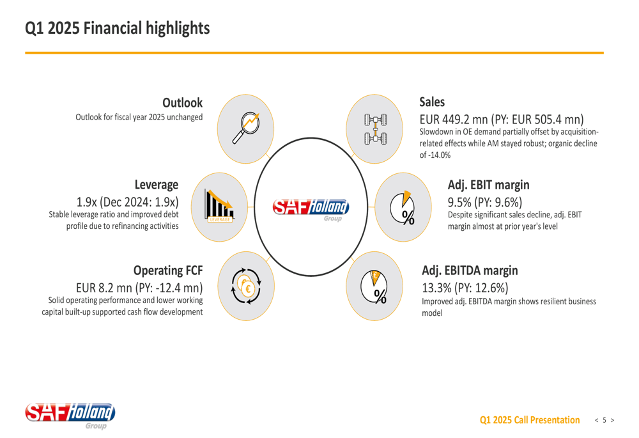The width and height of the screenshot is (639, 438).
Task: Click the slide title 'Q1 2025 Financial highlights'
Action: [117, 28]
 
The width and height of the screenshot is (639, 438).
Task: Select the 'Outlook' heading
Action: [182, 102]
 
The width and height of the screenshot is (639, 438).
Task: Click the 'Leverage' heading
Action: [156, 185]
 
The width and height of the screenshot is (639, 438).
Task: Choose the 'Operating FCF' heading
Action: [168, 270]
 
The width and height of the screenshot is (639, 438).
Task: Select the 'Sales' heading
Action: [432, 102]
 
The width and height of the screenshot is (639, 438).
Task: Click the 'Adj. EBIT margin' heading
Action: [488, 185]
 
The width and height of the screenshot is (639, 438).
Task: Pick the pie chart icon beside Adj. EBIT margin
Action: [403, 207]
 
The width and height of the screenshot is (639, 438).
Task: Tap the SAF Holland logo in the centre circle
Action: [311, 207]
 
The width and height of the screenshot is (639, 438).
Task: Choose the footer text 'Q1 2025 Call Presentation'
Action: [530, 420]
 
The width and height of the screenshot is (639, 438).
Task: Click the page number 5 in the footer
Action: [604, 420]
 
